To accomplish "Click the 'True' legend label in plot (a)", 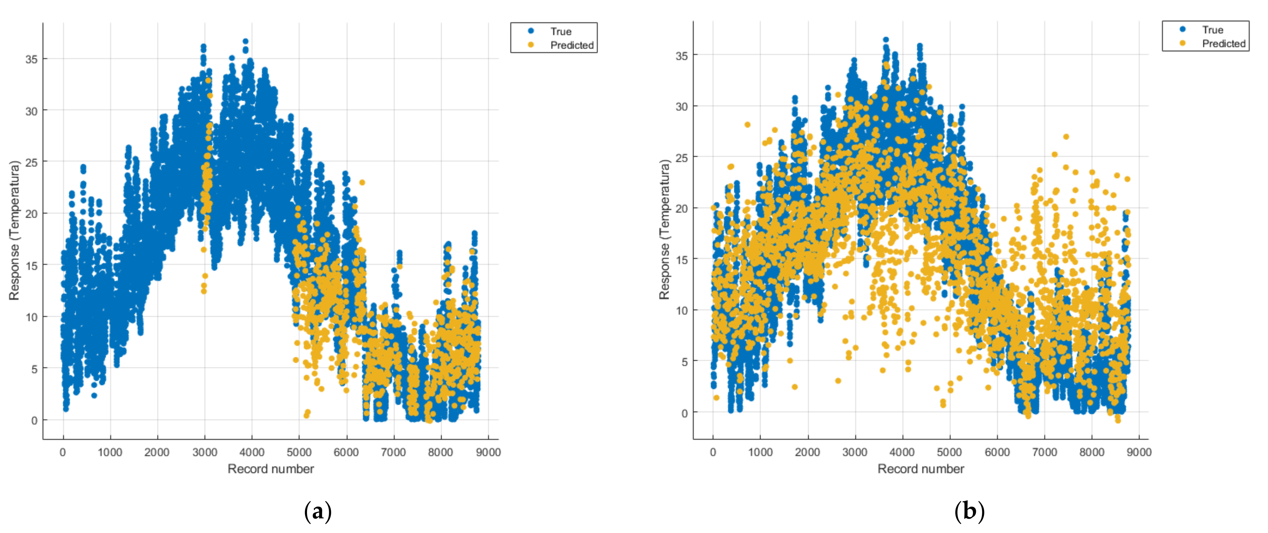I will [x=561, y=31].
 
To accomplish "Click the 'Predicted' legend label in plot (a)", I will [x=572, y=45].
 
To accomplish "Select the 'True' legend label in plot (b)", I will [x=1212, y=30].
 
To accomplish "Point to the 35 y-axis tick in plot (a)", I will [x=31, y=59].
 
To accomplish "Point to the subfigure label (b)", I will [x=969, y=512].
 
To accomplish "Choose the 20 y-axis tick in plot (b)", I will [x=682, y=208].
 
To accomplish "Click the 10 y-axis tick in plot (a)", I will [x=31, y=317].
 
